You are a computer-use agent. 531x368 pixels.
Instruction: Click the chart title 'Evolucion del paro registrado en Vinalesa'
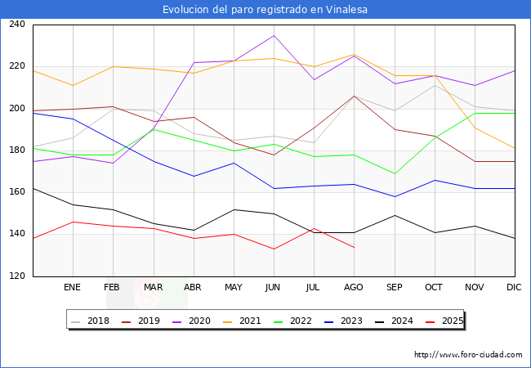click(x=265, y=10)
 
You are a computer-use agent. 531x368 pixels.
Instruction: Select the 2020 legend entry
click(x=203, y=321)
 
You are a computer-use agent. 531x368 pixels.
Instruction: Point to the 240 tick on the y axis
click(x=16, y=25)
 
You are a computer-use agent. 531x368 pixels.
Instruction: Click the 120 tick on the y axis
click(x=16, y=276)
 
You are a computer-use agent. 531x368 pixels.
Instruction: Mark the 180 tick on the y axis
click(x=16, y=150)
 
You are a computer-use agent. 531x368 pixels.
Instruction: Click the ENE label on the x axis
click(x=73, y=288)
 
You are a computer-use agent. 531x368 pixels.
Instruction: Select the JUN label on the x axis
click(x=274, y=288)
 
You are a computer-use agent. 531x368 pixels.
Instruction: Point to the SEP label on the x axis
click(x=394, y=288)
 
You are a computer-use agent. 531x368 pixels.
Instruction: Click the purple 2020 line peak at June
click(x=274, y=35)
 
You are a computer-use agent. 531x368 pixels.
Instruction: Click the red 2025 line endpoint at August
click(x=354, y=247)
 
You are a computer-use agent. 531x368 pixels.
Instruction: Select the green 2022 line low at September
click(x=394, y=173)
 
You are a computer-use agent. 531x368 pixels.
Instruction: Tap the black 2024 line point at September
click(x=394, y=215)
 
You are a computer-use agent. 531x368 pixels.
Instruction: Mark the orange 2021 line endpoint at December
click(x=515, y=148)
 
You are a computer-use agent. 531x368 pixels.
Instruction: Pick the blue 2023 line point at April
click(x=194, y=176)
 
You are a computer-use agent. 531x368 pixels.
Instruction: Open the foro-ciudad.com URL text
click(x=468, y=355)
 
